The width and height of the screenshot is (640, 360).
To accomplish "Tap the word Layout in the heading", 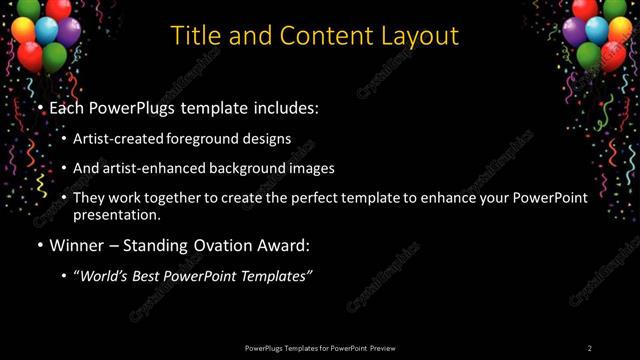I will [420, 35].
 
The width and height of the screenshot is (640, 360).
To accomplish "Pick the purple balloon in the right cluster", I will [574, 31].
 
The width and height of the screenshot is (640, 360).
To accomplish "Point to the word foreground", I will [214, 139].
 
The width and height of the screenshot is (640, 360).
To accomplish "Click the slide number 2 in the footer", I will [589, 348].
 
